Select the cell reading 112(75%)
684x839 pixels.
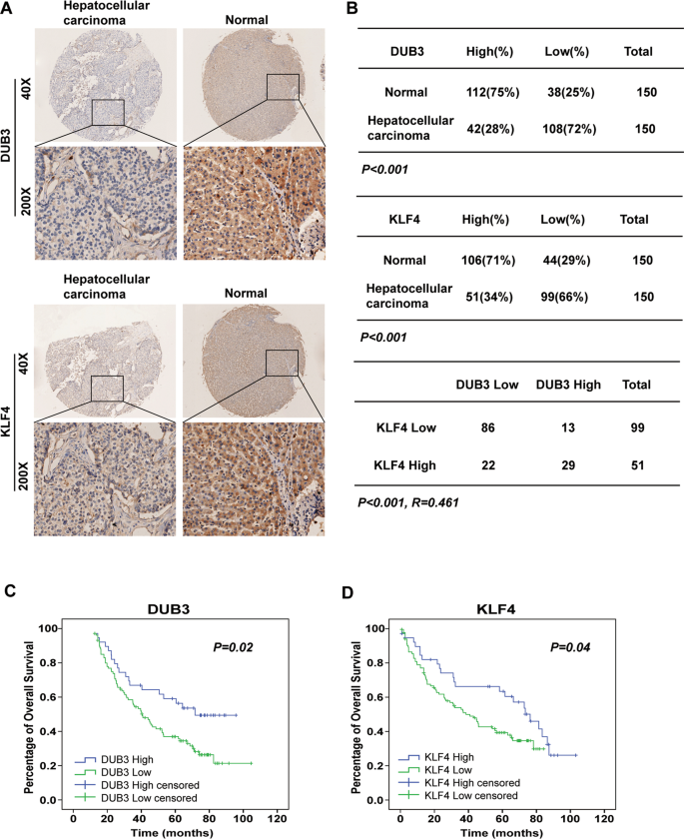[488, 92]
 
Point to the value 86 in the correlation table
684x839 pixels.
[488, 426]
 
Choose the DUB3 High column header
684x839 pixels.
[566, 385]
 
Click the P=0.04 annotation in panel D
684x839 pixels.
[574, 647]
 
